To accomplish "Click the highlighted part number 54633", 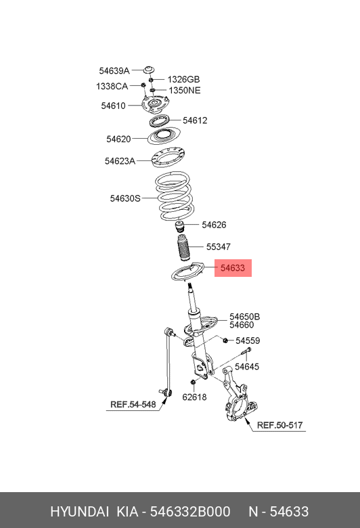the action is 232,268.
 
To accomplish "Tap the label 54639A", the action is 114,70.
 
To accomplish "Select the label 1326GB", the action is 183,79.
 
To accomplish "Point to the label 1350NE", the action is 185,90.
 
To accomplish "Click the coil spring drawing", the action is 174,196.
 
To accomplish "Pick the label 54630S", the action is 125,198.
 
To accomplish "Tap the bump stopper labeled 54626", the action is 180,227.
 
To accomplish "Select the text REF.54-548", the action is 133,404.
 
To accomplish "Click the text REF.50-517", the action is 280,425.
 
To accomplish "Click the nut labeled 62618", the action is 194,382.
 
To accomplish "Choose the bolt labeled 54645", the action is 246,351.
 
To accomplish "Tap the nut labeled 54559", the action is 225,340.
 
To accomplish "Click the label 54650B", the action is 245,317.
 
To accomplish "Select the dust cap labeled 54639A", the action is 149,70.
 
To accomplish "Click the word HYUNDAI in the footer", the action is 79,512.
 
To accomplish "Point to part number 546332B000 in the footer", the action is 190,512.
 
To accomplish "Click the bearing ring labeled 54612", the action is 159,120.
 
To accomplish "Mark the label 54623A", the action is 120,161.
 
